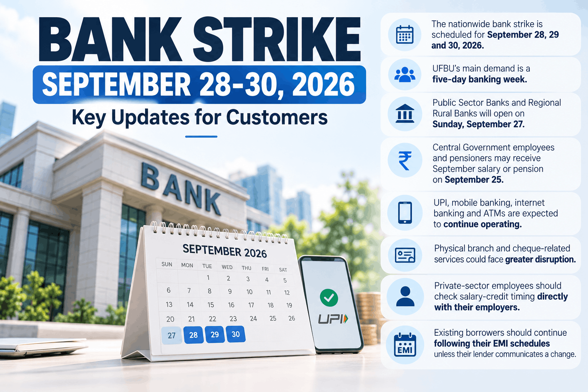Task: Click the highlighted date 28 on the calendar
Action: [193, 335]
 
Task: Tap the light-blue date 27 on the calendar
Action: [171, 335]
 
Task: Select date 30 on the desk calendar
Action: [235, 334]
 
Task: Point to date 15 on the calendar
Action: [211, 305]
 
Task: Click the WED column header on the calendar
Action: [227, 267]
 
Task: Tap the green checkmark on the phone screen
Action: [329, 297]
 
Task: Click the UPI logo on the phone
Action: [333, 319]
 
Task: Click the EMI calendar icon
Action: [405, 345]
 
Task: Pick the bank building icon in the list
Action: [405, 113]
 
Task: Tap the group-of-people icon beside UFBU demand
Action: [405, 75]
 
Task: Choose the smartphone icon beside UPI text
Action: [405, 213]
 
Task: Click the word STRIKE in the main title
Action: [277, 39]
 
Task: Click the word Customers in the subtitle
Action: [277, 117]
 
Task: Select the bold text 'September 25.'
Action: [474, 180]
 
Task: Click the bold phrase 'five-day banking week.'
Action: [480, 79]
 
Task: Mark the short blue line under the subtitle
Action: [201, 137]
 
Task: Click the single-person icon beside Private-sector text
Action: [405, 296]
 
